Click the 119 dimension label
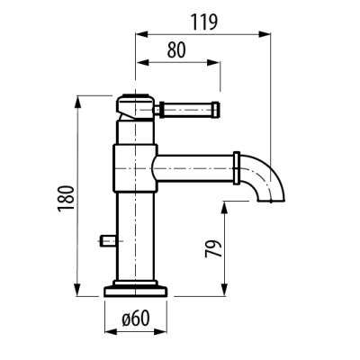coord(204,22)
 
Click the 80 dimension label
coord(176,49)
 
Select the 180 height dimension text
coord(66,199)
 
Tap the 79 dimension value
coord(213,248)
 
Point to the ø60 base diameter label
coord(136,318)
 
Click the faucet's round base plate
coord(136,292)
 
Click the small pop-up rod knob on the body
coord(108,241)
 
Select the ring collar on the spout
coord(237,168)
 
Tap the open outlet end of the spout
coord(271,201)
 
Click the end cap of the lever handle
coord(216,109)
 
